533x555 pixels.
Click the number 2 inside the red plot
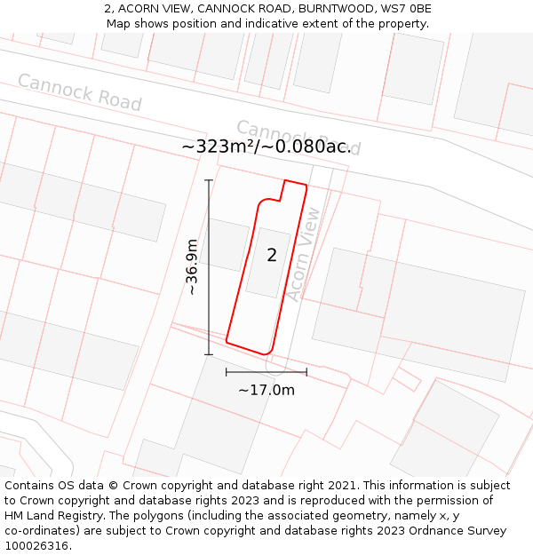(272, 256)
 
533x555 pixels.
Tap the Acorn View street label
(303, 255)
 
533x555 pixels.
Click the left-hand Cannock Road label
(79, 92)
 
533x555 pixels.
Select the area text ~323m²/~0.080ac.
(266, 147)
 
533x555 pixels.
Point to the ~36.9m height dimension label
(192, 266)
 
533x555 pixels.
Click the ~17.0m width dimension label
(266, 389)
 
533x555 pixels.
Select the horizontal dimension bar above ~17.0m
(266, 372)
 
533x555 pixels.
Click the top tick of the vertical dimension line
(209, 180)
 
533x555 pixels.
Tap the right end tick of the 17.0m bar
(306, 372)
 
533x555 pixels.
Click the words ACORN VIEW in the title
(155, 9)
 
